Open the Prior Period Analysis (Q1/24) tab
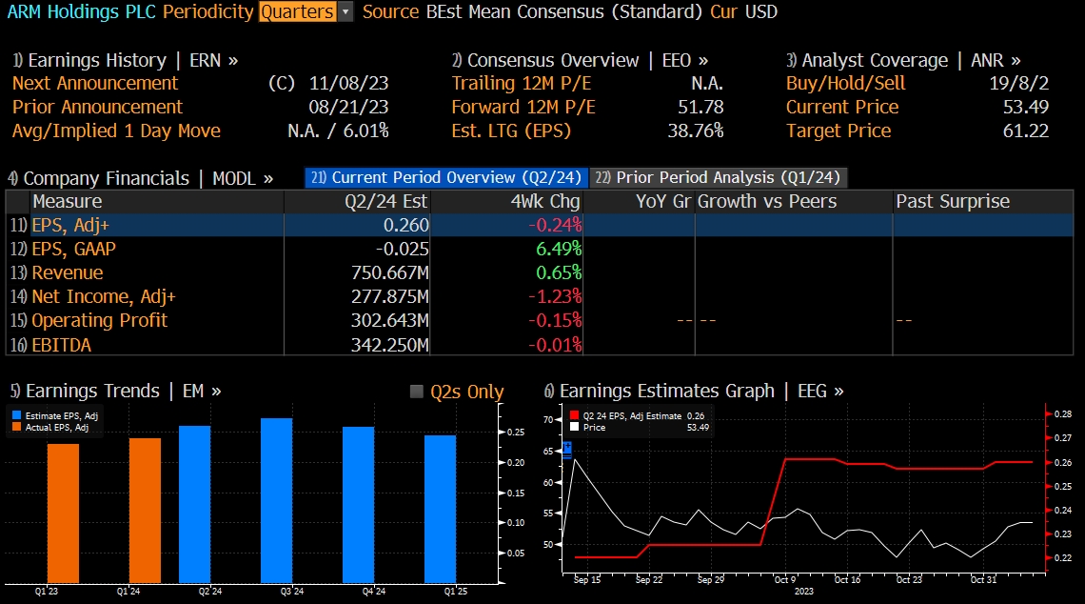click(x=719, y=177)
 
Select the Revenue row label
click(x=68, y=272)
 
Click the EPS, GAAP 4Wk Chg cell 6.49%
click(x=557, y=249)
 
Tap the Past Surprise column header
click(x=952, y=201)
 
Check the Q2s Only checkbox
click(x=416, y=392)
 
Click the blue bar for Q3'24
click(x=276, y=500)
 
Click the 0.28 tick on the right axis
click(x=1062, y=414)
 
